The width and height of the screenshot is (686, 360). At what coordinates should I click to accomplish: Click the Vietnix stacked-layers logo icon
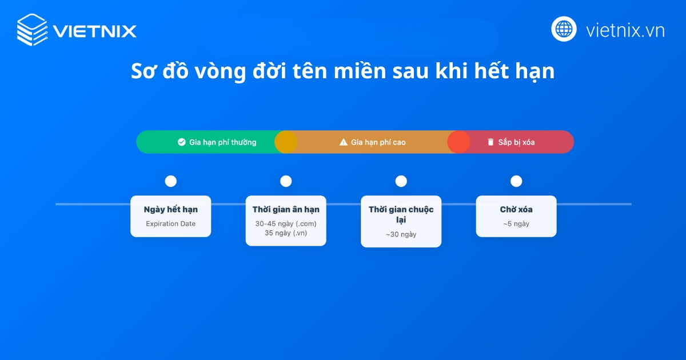click(x=32, y=30)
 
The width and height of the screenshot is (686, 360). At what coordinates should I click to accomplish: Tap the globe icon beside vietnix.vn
click(x=564, y=29)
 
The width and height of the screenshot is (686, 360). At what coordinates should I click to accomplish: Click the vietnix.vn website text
click(x=625, y=30)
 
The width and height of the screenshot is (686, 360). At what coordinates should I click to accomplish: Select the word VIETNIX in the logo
click(x=94, y=30)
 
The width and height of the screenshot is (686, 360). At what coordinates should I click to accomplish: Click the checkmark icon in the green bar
click(x=182, y=142)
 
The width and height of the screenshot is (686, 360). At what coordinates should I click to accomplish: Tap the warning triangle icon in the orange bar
click(x=344, y=142)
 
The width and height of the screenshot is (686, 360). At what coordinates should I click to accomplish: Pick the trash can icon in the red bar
click(x=490, y=142)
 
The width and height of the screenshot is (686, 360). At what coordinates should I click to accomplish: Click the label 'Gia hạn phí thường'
click(x=223, y=142)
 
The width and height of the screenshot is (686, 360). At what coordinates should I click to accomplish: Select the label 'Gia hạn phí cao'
click(x=378, y=142)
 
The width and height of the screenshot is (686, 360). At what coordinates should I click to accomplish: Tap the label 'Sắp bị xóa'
click(x=516, y=142)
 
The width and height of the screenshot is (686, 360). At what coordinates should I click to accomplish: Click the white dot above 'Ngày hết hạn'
click(x=170, y=181)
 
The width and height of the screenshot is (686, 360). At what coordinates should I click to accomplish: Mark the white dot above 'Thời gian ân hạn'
click(x=286, y=181)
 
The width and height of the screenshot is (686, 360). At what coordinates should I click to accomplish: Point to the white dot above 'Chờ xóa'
click(x=516, y=181)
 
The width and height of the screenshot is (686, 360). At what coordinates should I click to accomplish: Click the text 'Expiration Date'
click(x=170, y=224)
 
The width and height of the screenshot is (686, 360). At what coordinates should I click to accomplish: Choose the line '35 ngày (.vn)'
click(x=286, y=233)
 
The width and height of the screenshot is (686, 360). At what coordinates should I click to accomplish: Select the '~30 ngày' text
click(x=401, y=234)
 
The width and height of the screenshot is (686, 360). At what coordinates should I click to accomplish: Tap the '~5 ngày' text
click(x=516, y=224)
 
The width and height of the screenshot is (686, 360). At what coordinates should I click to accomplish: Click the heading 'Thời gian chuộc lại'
click(x=401, y=214)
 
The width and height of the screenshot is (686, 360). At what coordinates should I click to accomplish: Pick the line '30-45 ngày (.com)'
click(x=286, y=223)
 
